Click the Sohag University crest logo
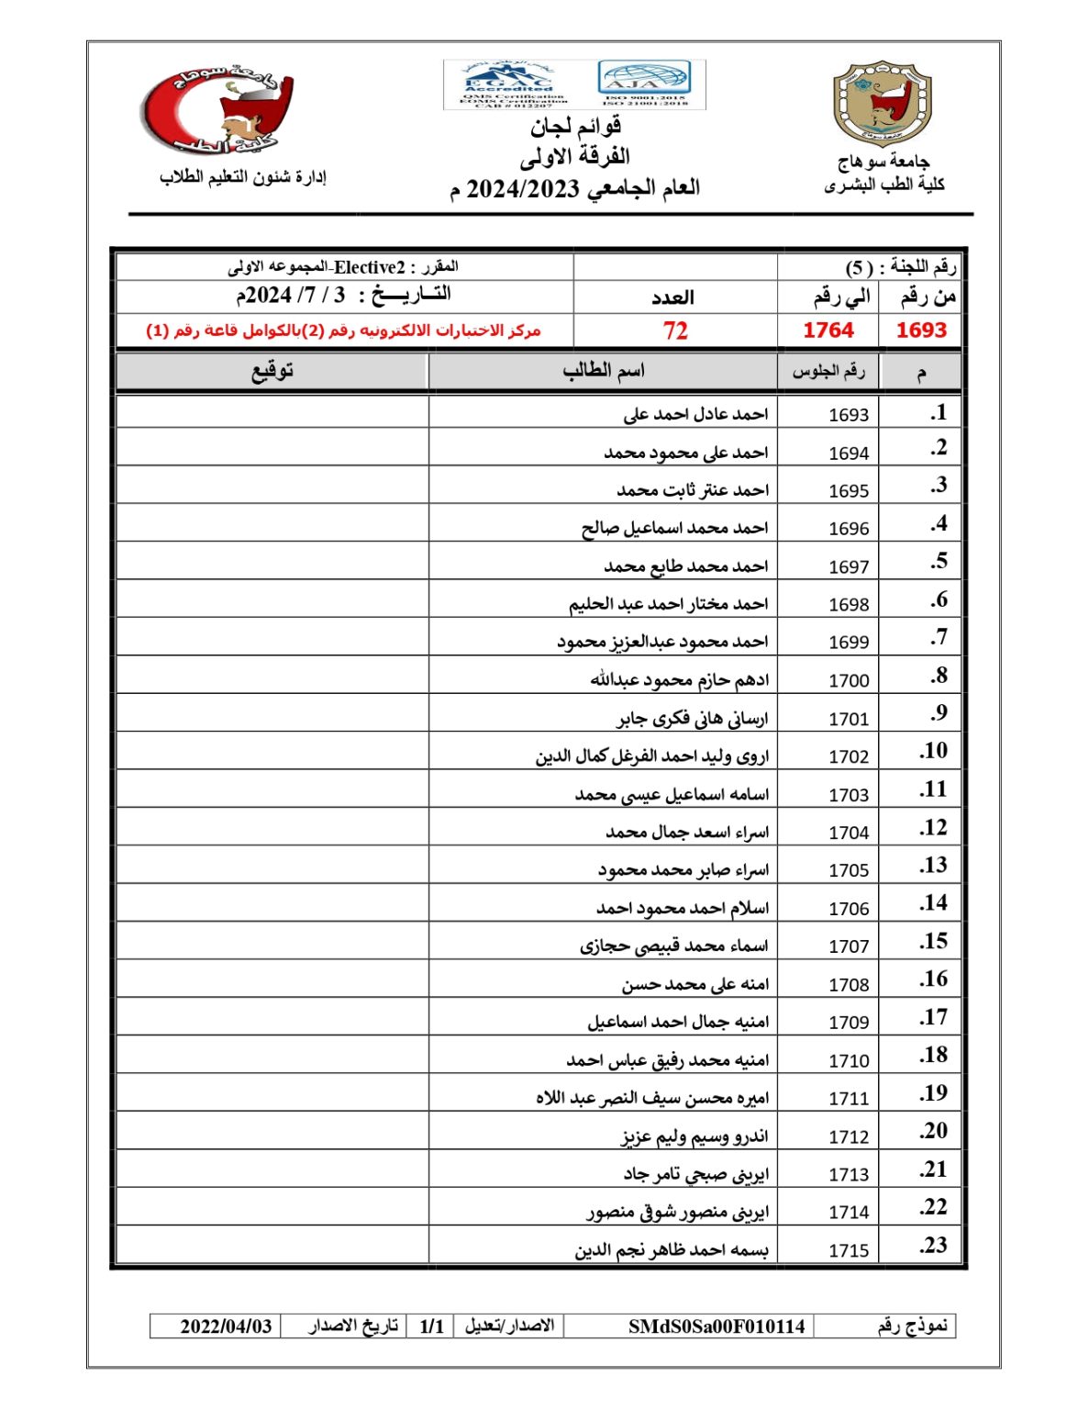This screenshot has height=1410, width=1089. [882, 104]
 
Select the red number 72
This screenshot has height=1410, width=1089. [674, 330]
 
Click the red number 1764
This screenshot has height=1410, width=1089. [828, 330]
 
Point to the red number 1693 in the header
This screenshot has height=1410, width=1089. [920, 330]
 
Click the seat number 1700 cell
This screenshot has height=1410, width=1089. [848, 680]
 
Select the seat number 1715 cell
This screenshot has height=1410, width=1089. [848, 1250]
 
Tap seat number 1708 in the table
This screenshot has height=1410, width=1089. [848, 984]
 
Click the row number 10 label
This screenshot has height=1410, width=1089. [933, 751]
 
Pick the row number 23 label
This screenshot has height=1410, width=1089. [933, 1246]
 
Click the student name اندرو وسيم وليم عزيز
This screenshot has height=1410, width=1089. [695, 1136]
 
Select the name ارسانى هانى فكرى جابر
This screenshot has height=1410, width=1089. [692, 718]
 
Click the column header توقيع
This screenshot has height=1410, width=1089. [272, 371]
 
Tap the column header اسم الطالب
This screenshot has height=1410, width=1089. [603, 371]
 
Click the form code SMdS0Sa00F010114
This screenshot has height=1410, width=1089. [717, 1326]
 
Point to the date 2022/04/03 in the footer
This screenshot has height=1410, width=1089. [226, 1326]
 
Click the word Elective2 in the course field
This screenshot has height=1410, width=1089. [369, 268]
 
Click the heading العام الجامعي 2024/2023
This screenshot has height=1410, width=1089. [574, 189]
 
